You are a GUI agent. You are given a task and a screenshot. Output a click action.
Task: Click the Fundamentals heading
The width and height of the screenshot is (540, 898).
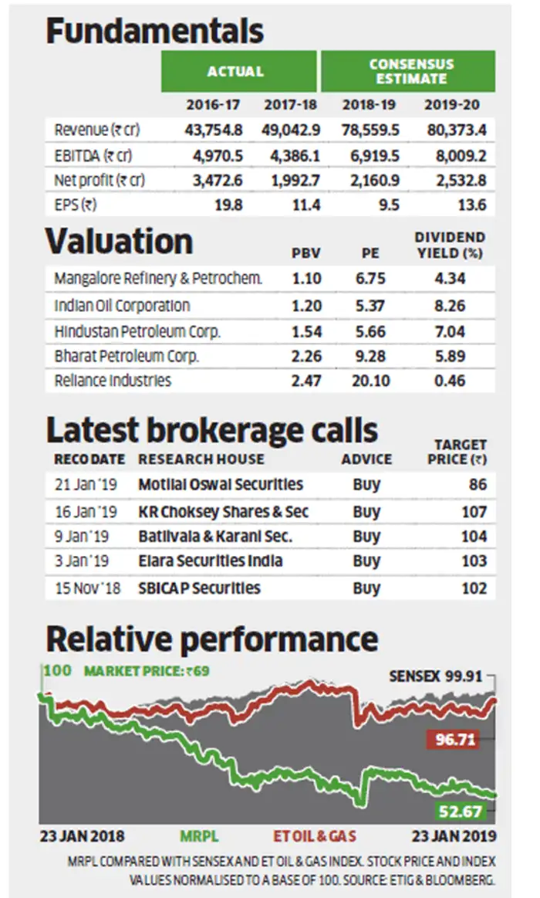155,32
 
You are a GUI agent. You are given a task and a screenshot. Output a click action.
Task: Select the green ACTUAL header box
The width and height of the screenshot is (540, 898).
238,72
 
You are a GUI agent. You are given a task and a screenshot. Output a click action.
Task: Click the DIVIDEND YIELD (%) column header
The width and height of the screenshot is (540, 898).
450,245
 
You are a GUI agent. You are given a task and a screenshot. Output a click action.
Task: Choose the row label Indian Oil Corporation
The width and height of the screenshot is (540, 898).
122,305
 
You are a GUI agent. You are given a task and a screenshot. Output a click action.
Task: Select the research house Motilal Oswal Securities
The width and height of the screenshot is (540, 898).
221,485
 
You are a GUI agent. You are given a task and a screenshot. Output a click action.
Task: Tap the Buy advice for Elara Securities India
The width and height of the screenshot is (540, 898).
366,561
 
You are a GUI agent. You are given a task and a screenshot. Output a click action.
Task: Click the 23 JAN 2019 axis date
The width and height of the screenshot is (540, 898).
451,836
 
